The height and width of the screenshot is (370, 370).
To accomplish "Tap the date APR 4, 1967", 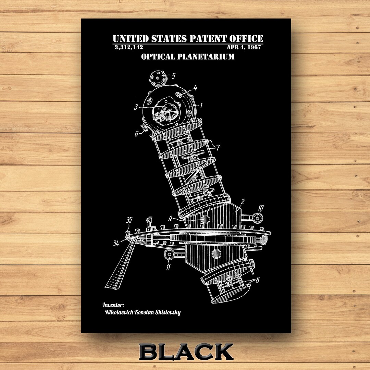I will click(245, 47).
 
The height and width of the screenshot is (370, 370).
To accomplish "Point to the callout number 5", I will click(173, 76).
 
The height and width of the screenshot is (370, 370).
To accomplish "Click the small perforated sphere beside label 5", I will click(158, 78).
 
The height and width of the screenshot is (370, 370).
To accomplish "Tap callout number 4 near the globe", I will click(195, 88).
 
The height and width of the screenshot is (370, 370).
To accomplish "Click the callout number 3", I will click(136, 107).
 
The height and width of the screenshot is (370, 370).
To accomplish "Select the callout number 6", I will click(136, 134).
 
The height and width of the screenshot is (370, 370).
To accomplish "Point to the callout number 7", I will click(218, 148).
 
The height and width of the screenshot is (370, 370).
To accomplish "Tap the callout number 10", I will click(261, 207).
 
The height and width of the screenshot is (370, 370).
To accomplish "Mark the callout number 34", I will click(116, 243).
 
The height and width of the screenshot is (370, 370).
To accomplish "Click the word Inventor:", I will click(113, 304).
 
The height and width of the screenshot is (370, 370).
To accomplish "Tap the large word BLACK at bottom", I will click(186, 352).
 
